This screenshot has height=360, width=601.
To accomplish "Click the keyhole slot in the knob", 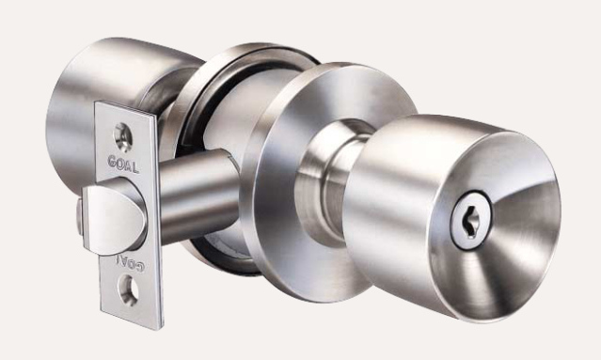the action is (468, 221).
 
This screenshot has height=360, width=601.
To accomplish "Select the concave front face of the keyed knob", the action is (498, 227).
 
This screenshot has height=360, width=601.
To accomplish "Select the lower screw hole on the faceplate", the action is (128, 290).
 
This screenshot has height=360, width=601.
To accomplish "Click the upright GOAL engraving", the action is (123, 164).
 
